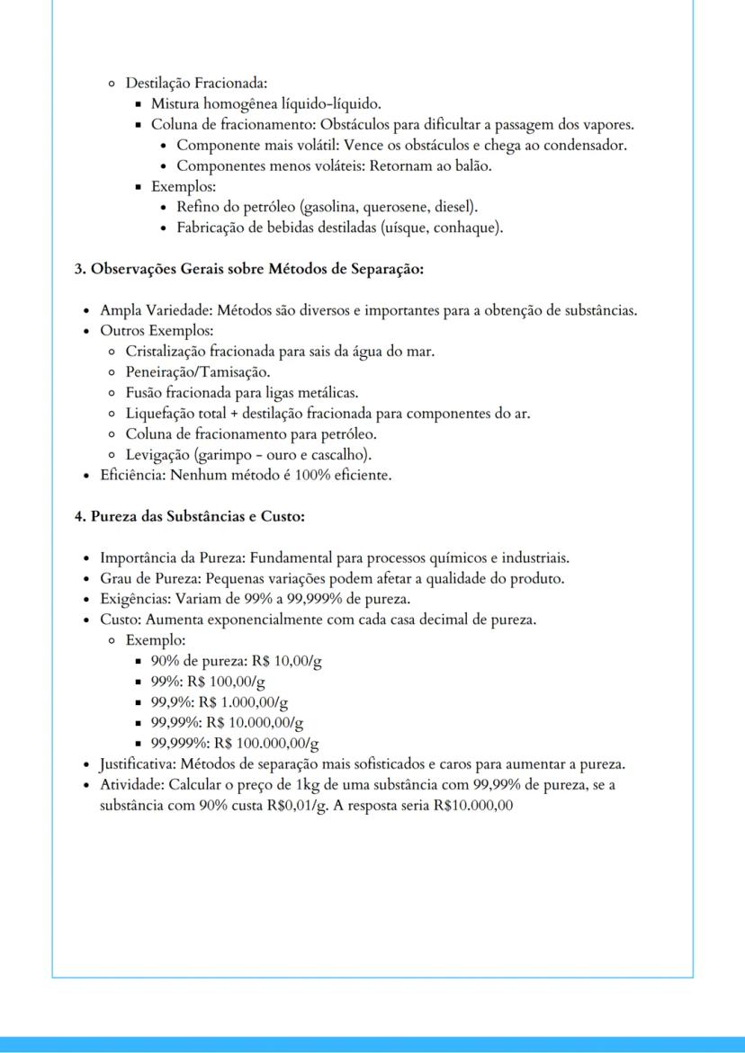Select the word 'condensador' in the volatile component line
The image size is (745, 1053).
[x=588, y=146]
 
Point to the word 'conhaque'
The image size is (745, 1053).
[x=467, y=228]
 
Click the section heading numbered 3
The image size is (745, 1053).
[x=248, y=269]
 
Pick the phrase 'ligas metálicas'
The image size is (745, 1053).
[x=314, y=392]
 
